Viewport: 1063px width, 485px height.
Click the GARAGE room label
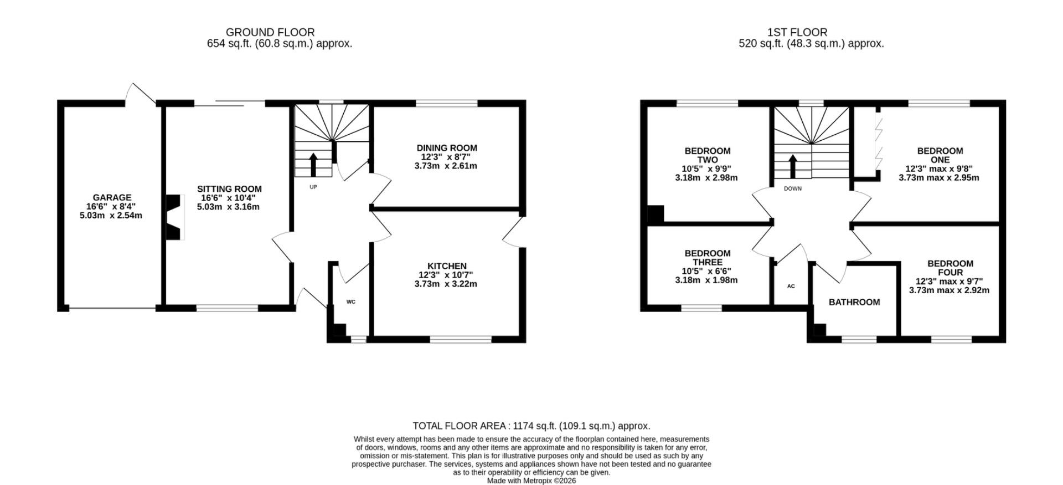point(112,197)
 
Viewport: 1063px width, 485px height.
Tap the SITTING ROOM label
point(229,189)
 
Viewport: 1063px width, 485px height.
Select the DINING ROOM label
point(447,148)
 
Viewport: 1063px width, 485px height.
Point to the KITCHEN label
point(447,266)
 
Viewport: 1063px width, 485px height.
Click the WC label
point(350,302)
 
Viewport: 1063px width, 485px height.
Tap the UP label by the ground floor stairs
point(313,187)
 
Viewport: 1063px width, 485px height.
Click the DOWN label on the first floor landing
point(793,188)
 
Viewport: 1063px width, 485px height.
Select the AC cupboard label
point(791,286)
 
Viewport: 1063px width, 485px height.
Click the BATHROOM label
point(854,302)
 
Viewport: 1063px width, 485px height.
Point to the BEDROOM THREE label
point(708,258)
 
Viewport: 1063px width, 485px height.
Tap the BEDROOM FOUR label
point(950,268)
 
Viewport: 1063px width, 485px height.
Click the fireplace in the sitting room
point(175,217)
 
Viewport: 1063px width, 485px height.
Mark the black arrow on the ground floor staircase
point(313,164)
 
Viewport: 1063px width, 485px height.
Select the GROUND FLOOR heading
point(270,33)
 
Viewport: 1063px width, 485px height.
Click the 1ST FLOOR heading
point(797,33)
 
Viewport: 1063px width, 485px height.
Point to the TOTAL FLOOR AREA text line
point(531,426)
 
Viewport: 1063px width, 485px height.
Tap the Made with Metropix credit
point(531,481)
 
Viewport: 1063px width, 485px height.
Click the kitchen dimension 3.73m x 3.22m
point(446,284)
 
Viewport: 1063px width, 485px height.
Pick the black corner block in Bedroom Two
point(655,214)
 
